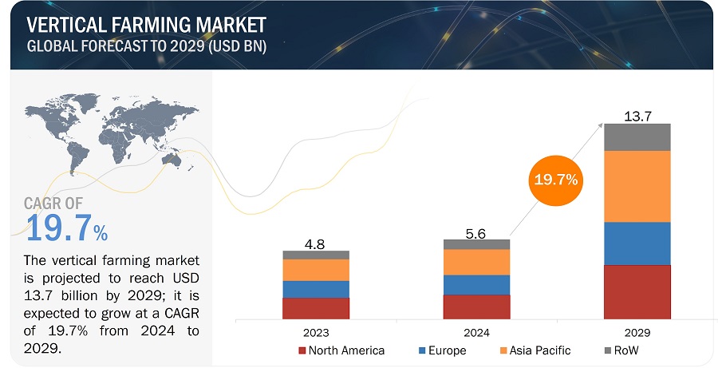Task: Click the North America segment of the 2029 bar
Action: pyautogui.click(x=637, y=291)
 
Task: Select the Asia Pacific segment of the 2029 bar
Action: pyautogui.click(x=637, y=186)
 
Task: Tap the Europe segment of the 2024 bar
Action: pyautogui.click(x=476, y=285)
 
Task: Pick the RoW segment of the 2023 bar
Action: pyautogui.click(x=316, y=255)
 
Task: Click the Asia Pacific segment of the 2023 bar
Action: pyautogui.click(x=316, y=270)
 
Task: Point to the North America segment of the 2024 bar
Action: pyautogui.click(x=476, y=307)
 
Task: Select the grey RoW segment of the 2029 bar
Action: pyautogui.click(x=637, y=137)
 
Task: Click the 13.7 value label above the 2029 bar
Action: pyautogui.click(x=637, y=117)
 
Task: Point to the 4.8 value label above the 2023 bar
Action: pyautogui.click(x=316, y=243)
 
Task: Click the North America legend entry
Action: pyautogui.click(x=341, y=350)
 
